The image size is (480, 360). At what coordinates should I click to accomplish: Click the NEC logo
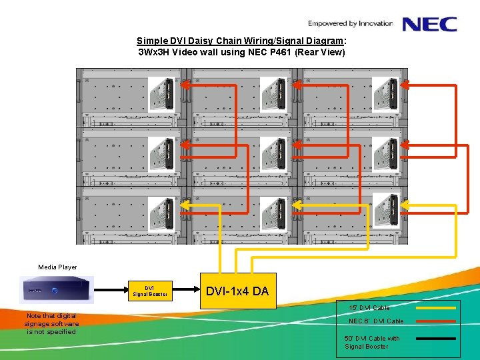point(429,24)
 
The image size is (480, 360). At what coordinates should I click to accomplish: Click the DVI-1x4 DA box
point(237,291)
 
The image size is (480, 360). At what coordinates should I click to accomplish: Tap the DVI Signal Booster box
point(149,291)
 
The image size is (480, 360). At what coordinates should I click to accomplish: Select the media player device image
point(57,290)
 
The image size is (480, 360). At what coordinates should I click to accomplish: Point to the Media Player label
point(57,267)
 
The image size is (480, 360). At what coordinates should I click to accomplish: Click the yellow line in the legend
point(435,308)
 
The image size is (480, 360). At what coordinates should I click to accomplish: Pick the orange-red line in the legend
point(435,321)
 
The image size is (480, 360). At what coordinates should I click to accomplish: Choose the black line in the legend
point(435,339)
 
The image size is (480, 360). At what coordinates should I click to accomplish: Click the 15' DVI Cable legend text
point(370,308)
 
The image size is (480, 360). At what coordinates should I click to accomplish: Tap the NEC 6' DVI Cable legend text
point(376,321)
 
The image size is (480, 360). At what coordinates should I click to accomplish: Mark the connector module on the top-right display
point(385,93)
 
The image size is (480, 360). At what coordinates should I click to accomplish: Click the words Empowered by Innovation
point(350,24)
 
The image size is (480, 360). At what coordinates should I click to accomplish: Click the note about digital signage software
point(51,323)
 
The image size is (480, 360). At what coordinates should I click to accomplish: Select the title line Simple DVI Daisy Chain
point(241,41)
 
